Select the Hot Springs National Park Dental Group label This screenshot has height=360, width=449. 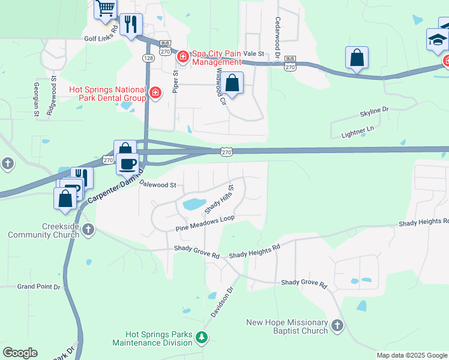tap(108, 94)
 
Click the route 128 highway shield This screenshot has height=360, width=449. tap(148, 58)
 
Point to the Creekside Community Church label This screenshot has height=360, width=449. tap(43, 230)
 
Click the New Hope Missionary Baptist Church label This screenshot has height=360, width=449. tap(287, 326)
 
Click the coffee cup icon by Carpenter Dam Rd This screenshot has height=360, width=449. tap(127, 163)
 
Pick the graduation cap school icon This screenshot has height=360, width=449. tap(438, 40)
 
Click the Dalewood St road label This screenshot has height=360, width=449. tap(157, 185)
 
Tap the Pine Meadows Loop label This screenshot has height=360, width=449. tap(205, 224)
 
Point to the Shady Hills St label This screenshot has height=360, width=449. tap(218, 199)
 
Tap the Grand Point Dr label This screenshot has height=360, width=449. tap(39, 287)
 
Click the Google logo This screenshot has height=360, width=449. tap(20, 353)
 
